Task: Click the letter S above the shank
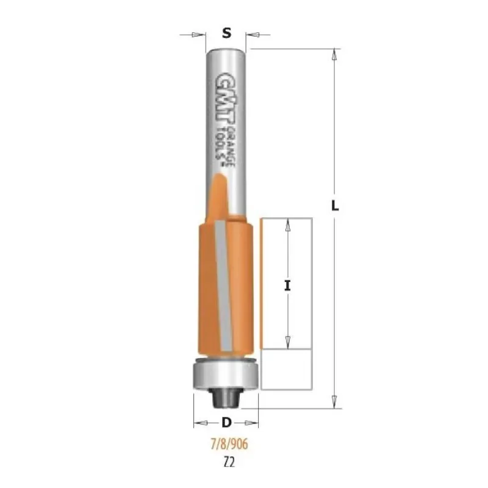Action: coord(227,33)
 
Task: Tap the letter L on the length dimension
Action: coord(335,206)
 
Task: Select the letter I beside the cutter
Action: coord(287,285)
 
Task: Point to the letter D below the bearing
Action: coord(226,423)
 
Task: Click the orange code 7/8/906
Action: coord(230,444)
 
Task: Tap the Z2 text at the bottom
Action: coord(229,463)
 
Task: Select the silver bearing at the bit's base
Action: coord(226,373)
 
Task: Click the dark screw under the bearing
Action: coord(226,398)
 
